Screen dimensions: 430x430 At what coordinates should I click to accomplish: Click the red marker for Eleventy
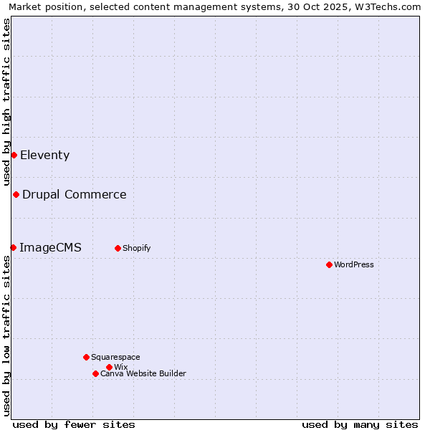(14, 155)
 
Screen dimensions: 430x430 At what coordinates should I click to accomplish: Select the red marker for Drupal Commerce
(16, 194)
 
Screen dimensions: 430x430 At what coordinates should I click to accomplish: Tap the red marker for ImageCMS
(13, 247)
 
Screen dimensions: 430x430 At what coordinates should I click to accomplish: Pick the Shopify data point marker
(118, 248)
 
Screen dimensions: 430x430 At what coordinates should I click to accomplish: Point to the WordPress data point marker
(329, 264)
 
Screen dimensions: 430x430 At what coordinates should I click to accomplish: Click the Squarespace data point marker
(86, 357)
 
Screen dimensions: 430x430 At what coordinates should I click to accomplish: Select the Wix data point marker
(109, 367)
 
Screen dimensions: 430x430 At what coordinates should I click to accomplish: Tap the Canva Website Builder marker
(95, 373)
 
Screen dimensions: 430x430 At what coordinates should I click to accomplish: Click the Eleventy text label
(44, 155)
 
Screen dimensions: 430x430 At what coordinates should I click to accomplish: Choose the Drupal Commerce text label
(74, 194)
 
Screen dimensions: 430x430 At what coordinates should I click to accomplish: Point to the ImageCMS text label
(50, 247)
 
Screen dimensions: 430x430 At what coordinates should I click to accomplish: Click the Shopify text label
(136, 248)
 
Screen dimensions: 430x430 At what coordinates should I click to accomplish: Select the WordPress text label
(353, 264)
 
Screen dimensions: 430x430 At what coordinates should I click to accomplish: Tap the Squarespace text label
(115, 357)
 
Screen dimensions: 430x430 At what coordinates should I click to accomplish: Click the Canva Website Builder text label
(143, 373)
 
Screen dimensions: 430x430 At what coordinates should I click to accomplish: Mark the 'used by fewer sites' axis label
(74, 424)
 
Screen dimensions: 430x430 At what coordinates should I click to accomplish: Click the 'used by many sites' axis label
(360, 424)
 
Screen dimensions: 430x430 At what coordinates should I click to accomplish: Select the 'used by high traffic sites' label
(6, 102)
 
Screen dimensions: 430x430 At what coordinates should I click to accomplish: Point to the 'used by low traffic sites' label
(6, 335)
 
